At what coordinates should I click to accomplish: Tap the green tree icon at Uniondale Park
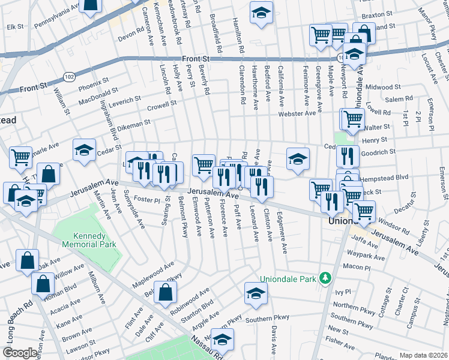coord(325,278)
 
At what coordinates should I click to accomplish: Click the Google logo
coord(20,353)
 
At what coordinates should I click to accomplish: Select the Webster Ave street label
coord(296,113)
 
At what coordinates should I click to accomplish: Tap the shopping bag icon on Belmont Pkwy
coord(165,292)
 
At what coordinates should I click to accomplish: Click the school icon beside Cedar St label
coord(85,149)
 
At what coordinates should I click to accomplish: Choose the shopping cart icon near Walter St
coord(352,119)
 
